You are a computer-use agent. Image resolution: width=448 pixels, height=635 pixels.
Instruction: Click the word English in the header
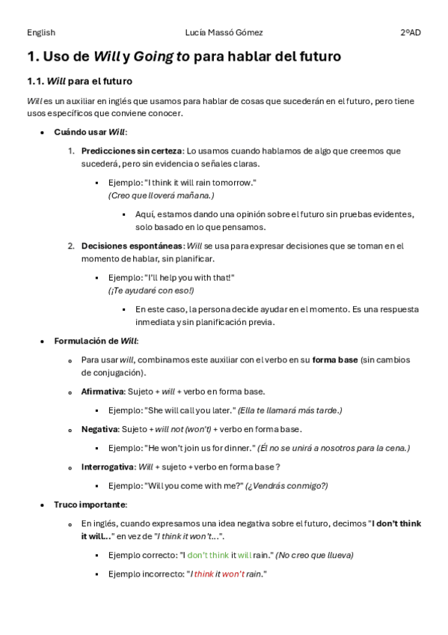[x=41, y=32]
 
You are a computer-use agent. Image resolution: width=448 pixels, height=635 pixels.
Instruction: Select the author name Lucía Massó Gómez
[x=224, y=32]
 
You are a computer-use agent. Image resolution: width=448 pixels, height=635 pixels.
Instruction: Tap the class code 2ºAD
[x=410, y=32]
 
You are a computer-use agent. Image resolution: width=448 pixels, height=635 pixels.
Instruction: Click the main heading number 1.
[x=32, y=56]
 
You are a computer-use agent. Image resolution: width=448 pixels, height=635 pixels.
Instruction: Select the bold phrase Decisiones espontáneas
[x=132, y=246]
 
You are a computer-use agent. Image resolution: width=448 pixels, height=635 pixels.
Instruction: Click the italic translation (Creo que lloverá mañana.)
[x=161, y=195]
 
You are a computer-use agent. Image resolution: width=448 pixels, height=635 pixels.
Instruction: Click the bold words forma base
[x=335, y=359]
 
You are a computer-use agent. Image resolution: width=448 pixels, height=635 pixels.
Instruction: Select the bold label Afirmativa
[x=102, y=392]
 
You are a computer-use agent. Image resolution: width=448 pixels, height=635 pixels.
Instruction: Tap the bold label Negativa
[x=99, y=429]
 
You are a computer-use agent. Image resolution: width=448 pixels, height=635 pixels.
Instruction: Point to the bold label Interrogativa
[x=107, y=467]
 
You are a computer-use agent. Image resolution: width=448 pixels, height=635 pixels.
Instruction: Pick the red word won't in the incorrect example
[x=233, y=574]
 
